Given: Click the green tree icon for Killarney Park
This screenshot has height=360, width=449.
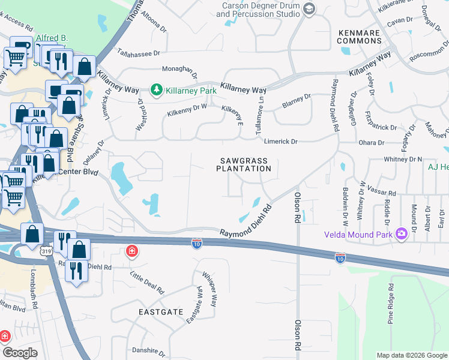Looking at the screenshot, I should click(x=157, y=90).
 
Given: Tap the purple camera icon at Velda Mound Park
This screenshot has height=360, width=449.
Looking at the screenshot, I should click(x=400, y=234).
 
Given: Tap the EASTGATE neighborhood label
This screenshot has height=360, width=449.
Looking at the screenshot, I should click(x=160, y=313).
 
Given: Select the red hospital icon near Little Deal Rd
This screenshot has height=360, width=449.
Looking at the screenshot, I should click(x=131, y=251).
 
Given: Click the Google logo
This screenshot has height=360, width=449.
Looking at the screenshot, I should click(x=19, y=353).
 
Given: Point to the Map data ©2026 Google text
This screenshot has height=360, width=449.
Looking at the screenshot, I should click(x=411, y=355).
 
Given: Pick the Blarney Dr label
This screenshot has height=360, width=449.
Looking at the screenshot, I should click(x=297, y=101).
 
